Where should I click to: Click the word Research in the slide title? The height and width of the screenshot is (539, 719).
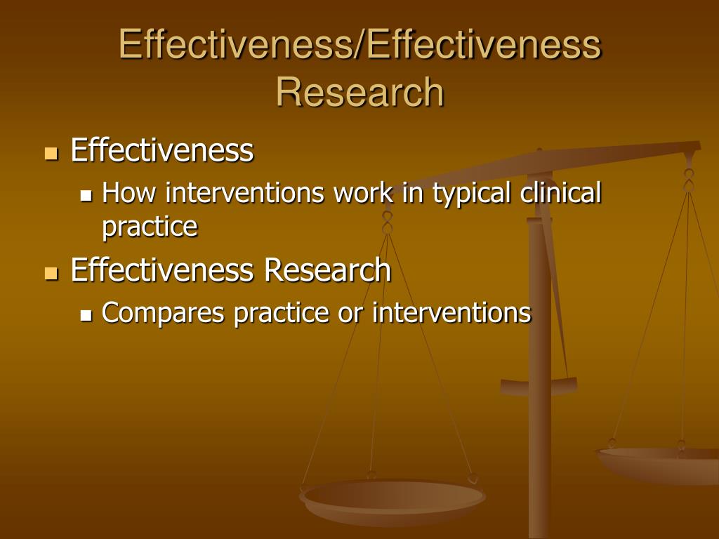(359, 92)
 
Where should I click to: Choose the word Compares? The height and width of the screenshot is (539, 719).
(164, 313)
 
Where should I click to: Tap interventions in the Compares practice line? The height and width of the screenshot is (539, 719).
(451, 312)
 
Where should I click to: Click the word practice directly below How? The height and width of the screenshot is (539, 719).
(150, 227)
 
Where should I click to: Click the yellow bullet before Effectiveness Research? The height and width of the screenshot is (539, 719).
(51, 272)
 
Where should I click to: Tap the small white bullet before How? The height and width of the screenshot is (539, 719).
(86, 195)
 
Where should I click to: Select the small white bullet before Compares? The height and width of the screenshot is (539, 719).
(86, 315)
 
